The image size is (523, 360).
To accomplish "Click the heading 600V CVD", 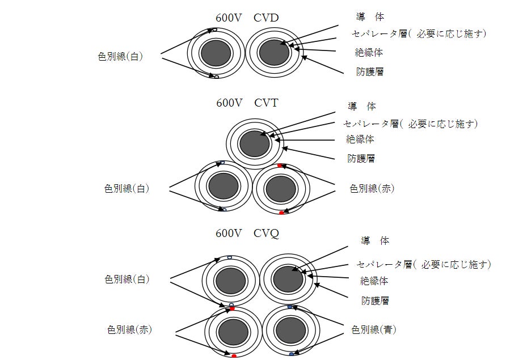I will [x=247, y=18].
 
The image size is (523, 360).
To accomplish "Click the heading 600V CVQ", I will [x=247, y=233].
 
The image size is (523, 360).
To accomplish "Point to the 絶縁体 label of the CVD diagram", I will [x=369, y=52].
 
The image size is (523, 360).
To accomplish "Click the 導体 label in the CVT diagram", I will [x=362, y=106].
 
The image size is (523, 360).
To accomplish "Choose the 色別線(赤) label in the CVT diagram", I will [x=372, y=189].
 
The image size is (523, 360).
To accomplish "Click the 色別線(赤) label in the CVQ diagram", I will [x=129, y=329].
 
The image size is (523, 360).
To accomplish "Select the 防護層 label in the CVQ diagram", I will [x=375, y=300].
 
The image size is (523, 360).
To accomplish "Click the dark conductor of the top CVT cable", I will [x=254, y=143].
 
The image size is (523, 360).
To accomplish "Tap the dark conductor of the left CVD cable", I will [x=216, y=53].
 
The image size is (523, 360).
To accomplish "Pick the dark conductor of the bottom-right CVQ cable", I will [x=290, y=330].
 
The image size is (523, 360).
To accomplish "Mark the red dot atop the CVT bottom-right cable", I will [x=280, y=166].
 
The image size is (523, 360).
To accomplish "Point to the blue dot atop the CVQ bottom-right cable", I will [x=290, y=307].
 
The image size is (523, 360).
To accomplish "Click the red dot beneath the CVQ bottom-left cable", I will [x=234, y=356].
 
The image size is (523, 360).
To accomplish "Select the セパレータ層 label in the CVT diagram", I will [x=410, y=123].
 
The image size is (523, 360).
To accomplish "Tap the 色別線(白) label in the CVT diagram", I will [x=126, y=189].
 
